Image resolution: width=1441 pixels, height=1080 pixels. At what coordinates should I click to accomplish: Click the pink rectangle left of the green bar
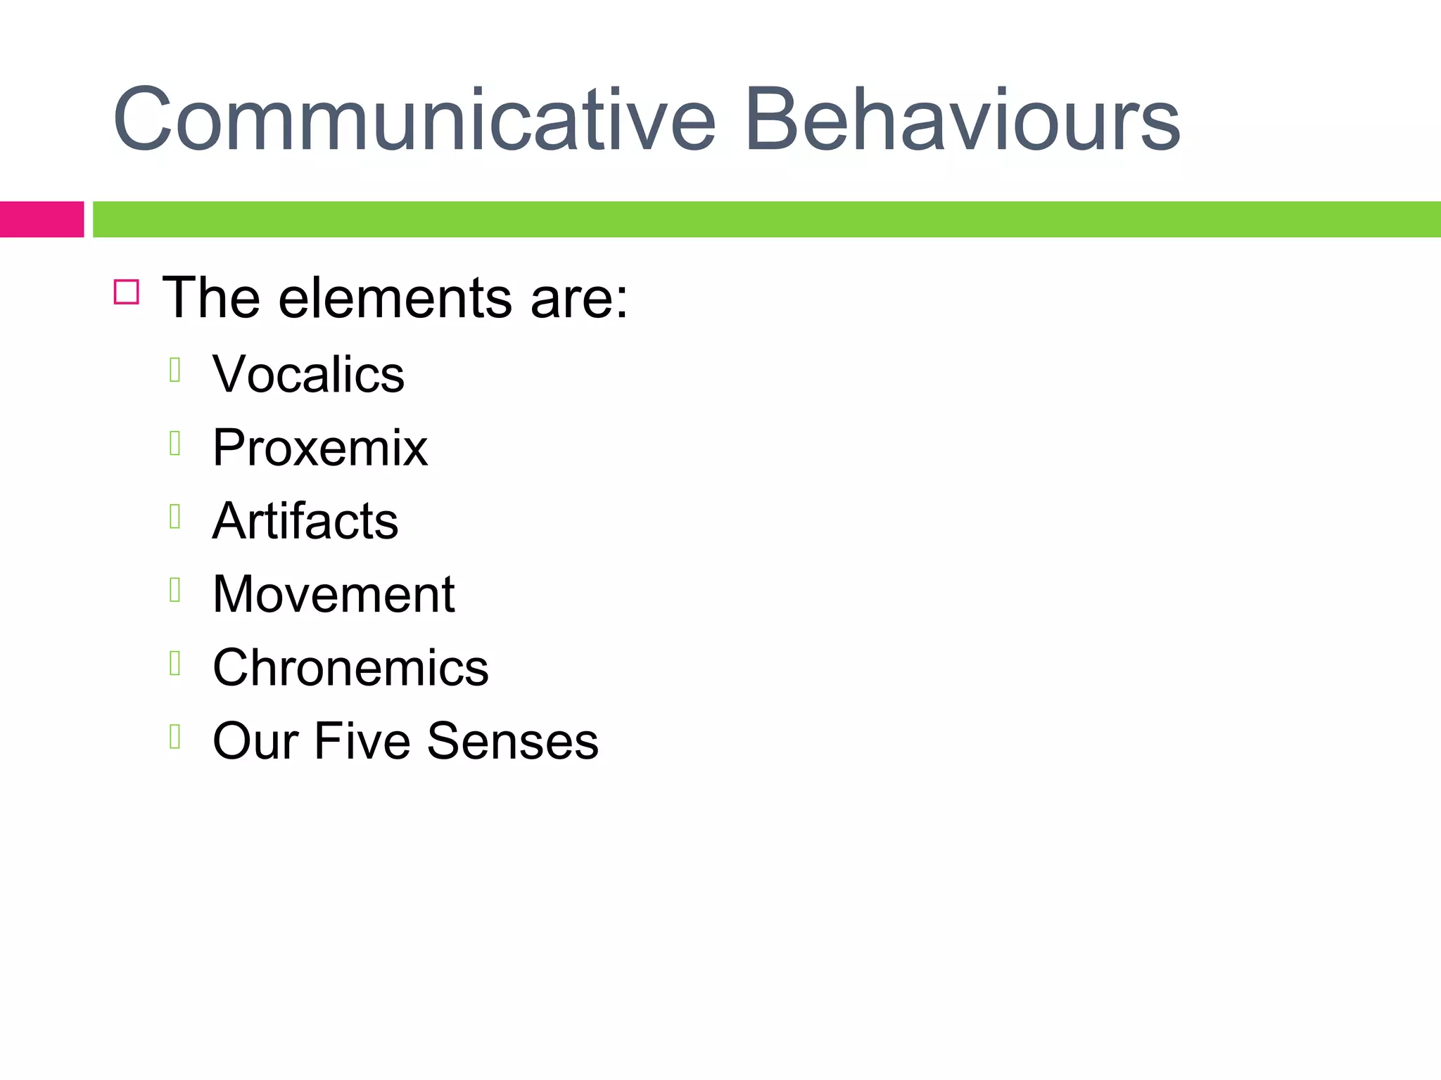point(42,219)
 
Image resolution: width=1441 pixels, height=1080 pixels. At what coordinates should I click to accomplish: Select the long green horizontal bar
point(766,219)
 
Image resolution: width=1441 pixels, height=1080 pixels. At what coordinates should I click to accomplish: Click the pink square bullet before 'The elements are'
point(127,292)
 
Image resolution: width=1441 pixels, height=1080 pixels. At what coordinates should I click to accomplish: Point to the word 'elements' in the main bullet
point(395,298)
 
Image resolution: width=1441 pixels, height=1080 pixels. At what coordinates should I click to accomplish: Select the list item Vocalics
point(308,374)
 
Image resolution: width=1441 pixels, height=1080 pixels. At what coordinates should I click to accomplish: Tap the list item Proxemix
point(320,447)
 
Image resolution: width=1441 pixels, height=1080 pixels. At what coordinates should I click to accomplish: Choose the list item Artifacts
point(305,521)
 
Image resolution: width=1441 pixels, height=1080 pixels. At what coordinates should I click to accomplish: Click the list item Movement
point(334,595)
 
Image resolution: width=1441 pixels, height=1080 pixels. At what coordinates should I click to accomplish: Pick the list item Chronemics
point(350,668)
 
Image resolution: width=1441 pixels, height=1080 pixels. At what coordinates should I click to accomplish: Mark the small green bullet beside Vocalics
point(175,369)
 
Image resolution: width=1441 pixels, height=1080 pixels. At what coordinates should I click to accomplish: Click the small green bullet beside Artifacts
point(175,516)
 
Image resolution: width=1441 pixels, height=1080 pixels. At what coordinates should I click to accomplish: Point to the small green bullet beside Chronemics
point(175,663)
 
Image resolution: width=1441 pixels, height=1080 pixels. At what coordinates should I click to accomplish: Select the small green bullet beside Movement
point(175,590)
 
